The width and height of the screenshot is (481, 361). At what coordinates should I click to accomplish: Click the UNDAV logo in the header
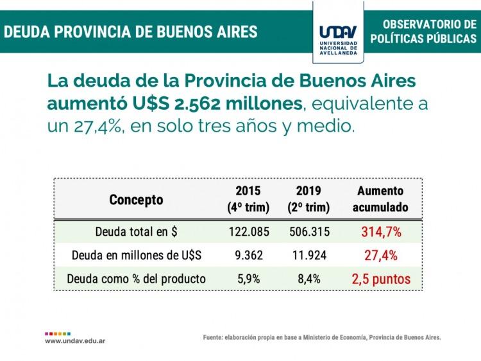[339, 32]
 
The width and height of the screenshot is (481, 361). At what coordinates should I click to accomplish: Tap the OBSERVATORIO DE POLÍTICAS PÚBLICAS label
[425, 31]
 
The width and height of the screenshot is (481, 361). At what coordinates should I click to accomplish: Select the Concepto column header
[136, 200]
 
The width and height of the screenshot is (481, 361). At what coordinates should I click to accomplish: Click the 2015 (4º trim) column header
[248, 199]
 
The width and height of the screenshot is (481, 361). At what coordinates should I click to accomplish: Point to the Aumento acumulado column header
[380, 199]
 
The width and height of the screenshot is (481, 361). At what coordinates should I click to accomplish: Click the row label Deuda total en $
[135, 231]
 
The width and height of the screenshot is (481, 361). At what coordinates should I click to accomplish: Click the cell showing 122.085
[248, 231]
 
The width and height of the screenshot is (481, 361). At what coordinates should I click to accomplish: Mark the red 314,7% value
[380, 231]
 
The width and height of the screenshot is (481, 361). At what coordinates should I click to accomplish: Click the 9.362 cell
[248, 255]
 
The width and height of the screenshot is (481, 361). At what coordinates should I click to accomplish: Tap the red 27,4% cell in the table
[380, 255]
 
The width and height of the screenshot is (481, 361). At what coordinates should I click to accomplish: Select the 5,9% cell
[248, 279]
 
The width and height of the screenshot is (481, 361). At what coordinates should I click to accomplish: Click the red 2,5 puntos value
[380, 279]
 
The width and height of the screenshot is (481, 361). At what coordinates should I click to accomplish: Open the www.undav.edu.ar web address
[75, 342]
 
